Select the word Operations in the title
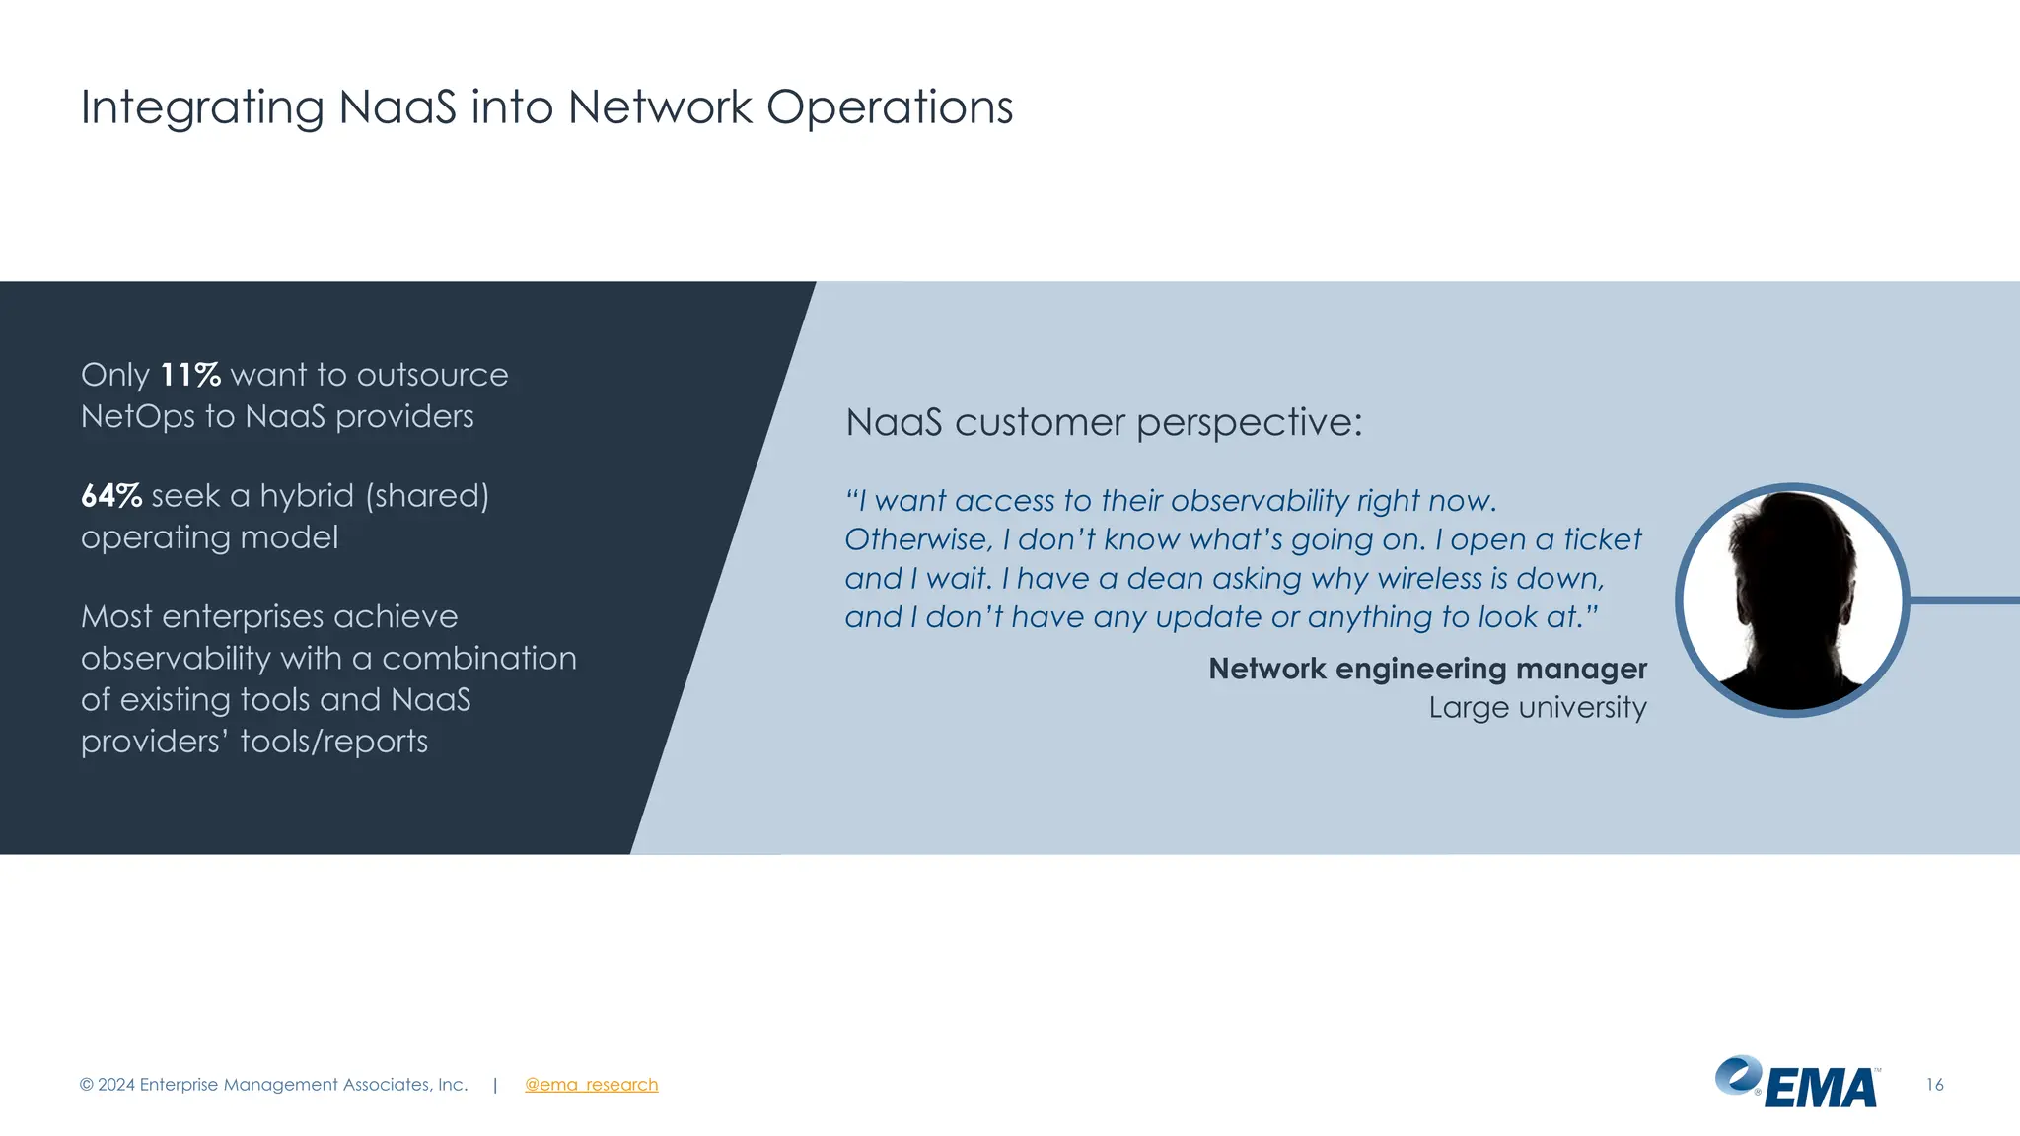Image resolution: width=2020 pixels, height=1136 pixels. pyautogui.click(x=889, y=107)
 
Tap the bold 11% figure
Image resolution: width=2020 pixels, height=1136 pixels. pyautogui.click(x=190, y=375)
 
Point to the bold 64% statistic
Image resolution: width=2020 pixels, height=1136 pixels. pyautogui.click(x=111, y=495)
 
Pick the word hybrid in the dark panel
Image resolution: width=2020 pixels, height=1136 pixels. pyautogui.click(x=306, y=495)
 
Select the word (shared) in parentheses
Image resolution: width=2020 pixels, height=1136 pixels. pyautogui.click(x=427, y=495)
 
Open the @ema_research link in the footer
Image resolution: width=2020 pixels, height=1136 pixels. pyautogui.click(x=591, y=1085)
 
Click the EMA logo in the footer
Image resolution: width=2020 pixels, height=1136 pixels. pyautogui.click(x=1797, y=1083)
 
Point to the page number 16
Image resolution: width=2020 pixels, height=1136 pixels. pyautogui.click(x=1934, y=1085)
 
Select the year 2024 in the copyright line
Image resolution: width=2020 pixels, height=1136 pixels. pyautogui.click(x=116, y=1085)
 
